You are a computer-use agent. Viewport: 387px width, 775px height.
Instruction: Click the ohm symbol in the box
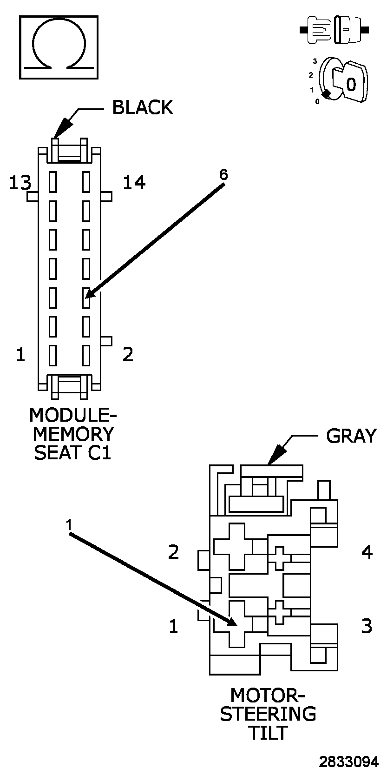pos(59,46)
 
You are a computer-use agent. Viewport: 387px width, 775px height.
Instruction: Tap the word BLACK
pos(143,107)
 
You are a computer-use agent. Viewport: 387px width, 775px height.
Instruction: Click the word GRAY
pos(351,436)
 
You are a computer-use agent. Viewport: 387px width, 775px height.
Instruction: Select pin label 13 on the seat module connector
pos(20,183)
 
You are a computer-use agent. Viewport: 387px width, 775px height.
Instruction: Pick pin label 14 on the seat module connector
pos(134,183)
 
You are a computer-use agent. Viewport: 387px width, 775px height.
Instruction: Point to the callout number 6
pos(223,175)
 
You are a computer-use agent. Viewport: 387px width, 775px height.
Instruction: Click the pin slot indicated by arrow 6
pos(86,298)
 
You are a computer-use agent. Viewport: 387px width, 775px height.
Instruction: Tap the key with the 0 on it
pos(351,83)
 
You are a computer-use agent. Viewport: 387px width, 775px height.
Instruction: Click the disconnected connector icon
pos(335,30)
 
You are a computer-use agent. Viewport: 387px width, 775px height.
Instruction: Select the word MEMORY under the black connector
pos(73,434)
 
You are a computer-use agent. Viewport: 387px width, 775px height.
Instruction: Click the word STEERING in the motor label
pos(268,714)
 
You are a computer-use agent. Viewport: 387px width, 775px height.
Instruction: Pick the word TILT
pos(268,733)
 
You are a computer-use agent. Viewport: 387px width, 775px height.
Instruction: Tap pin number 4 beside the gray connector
pos(367,552)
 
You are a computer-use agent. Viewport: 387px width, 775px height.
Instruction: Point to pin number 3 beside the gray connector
pos(367,626)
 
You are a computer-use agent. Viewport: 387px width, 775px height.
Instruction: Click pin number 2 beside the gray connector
pos(173,552)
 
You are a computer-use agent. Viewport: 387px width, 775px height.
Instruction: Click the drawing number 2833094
pos(349,762)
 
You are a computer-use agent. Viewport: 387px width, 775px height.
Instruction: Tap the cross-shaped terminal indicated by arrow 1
pos(237,623)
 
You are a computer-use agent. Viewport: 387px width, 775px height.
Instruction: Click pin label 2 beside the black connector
pos(128,354)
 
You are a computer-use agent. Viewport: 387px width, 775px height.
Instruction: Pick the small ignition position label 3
pos(315,61)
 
